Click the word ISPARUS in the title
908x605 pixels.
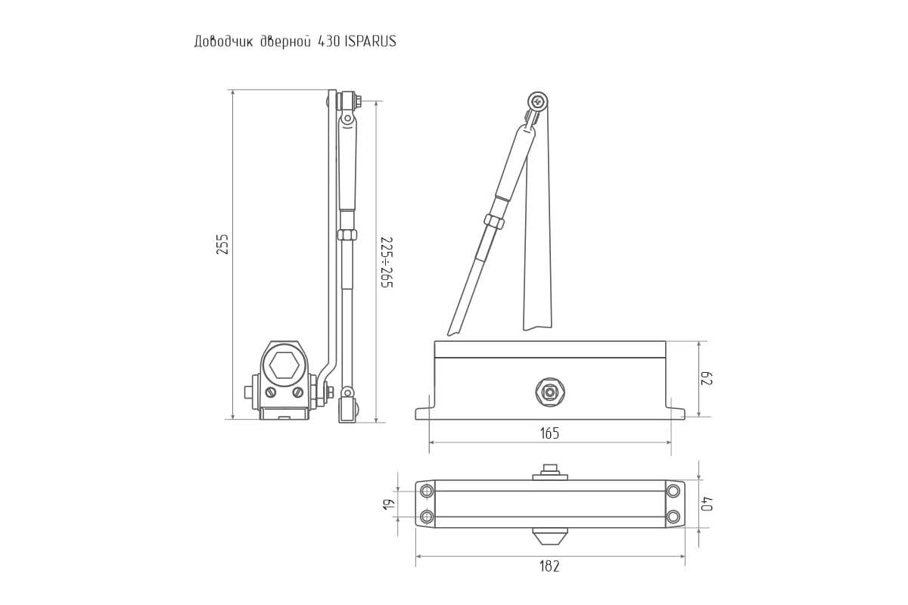coord(370,42)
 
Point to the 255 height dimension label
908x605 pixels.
coord(222,244)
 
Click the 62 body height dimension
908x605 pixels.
coord(707,378)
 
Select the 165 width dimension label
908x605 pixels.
coord(549,433)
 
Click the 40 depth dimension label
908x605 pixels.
coord(707,504)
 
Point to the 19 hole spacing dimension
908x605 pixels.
coord(387,504)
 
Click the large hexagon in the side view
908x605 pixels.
coord(285,365)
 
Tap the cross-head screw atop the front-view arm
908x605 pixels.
coord(538,101)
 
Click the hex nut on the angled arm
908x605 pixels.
coord(493,222)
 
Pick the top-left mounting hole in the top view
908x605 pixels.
coord(427,491)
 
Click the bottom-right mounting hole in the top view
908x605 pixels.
coord(673,517)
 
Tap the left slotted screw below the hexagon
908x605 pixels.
coord(270,392)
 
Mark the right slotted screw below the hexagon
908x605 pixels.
coord(298,392)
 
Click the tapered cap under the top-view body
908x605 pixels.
coord(549,536)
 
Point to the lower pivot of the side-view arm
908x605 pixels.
coord(347,392)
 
